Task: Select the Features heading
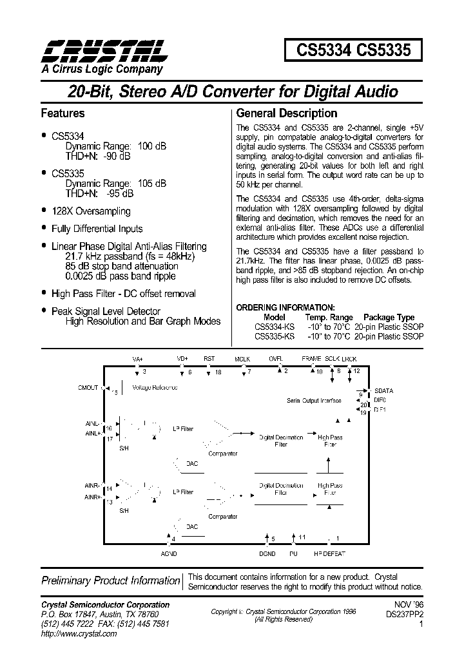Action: (63, 113)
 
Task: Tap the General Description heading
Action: (287, 113)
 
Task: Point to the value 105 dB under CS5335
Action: (152, 183)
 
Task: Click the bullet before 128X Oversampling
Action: (44, 210)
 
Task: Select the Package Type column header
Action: (389, 317)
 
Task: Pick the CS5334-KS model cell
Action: (275, 327)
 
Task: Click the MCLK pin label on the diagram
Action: (243, 359)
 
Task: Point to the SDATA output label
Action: (384, 390)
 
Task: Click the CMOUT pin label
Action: (88, 388)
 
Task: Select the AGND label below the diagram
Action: (168, 553)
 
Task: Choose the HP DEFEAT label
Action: (329, 553)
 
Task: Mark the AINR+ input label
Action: (92, 497)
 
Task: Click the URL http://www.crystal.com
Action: (79, 634)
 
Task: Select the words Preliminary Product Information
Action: (110, 580)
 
